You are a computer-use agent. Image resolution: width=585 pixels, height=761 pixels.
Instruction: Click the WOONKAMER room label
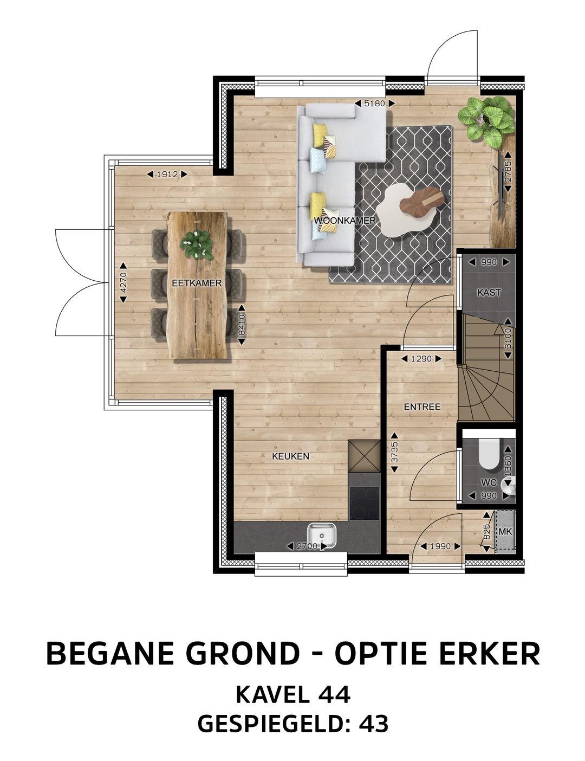pos(337,221)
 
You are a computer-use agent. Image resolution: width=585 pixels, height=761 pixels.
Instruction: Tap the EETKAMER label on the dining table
pos(189,283)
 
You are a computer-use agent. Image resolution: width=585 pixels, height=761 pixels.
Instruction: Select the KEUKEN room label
pos(290,456)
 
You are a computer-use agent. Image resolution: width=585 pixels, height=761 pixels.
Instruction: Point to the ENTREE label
pos(422,407)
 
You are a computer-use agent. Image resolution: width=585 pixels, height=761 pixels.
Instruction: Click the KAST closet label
pos(489,292)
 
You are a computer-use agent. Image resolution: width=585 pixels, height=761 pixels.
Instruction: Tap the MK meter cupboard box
pos(505,531)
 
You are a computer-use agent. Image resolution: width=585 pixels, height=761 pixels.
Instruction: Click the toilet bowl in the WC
pos(490,454)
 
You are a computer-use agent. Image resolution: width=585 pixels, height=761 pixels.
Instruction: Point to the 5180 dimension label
pos(374,103)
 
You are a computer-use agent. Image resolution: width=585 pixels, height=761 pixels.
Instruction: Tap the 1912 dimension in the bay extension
pos(167,175)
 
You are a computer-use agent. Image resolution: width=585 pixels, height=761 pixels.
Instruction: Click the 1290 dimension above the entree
pos(421,358)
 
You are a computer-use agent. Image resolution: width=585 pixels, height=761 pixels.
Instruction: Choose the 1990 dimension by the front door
pos(440,546)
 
